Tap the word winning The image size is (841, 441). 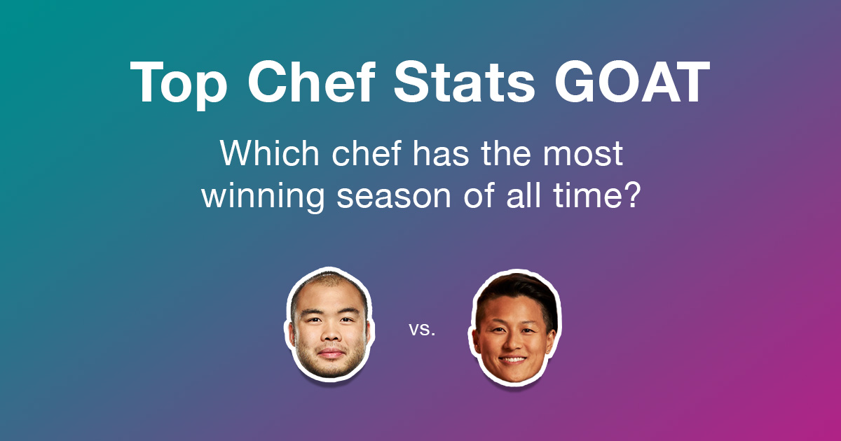[262, 197]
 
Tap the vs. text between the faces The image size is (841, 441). [422, 329]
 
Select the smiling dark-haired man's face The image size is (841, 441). [514, 329]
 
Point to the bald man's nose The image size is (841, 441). [328, 335]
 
